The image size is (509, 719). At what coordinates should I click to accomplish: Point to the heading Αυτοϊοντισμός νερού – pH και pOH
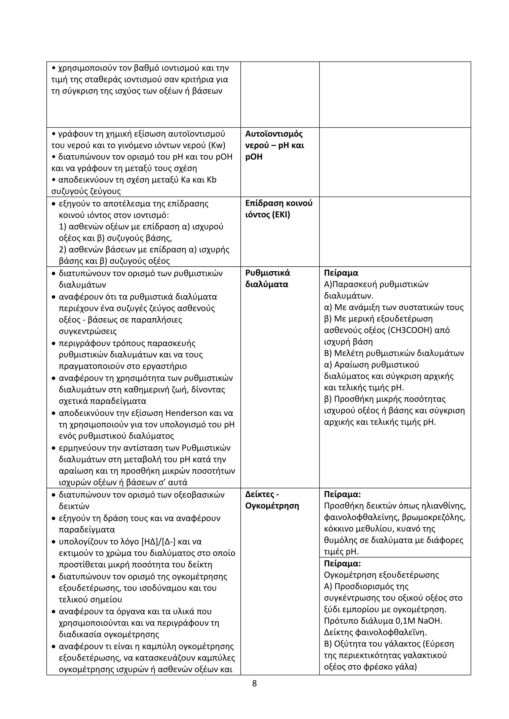pos(274,145)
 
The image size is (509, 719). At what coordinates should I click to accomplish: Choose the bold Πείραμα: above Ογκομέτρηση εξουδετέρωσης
pos(342,564)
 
